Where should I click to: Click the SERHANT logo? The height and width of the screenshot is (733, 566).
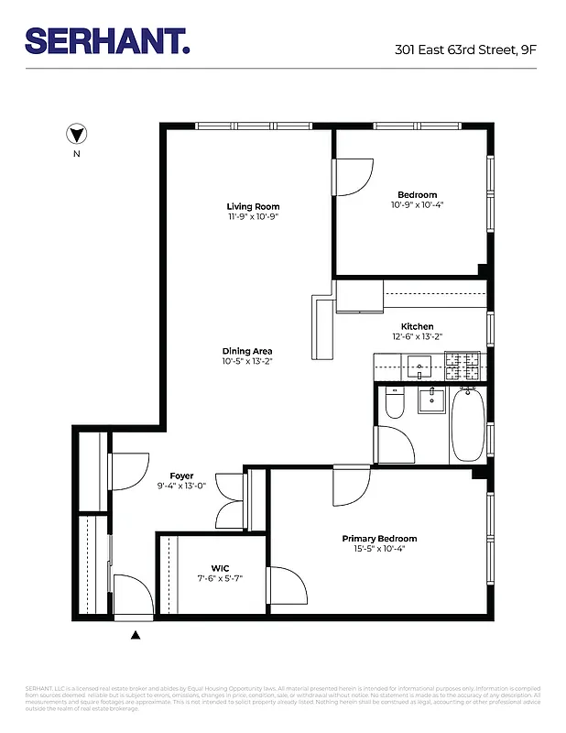tap(108, 41)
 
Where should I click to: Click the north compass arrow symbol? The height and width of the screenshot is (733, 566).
tap(77, 135)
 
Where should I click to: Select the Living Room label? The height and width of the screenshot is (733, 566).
tap(253, 206)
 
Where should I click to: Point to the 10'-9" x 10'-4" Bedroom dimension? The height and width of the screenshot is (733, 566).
tap(417, 205)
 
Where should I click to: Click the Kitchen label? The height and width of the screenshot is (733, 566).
tap(417, 326)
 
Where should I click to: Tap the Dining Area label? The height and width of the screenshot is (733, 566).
tap(246, 351)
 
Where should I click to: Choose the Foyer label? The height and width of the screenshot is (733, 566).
tap(181, 476)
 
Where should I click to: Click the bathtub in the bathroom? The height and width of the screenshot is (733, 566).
tap(468, 423)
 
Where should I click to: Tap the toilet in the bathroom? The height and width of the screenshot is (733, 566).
tap(395, 404)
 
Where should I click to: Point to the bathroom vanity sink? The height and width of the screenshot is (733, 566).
tap(430, 400)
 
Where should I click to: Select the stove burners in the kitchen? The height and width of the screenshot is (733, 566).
tap(466, 367)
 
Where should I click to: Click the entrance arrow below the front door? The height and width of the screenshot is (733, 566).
tap(136, 634)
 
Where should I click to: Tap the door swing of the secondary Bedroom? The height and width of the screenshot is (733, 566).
tap(353, 176)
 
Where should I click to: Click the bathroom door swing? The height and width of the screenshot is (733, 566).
tap(393, 445)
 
